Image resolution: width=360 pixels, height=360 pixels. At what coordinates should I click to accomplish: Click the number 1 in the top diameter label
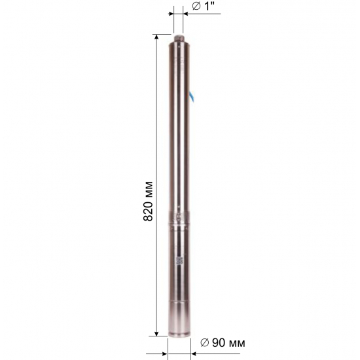207,6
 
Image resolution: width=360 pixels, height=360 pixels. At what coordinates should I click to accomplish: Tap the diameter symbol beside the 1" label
196,7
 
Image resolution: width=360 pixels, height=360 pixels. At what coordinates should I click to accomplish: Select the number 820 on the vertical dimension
148,211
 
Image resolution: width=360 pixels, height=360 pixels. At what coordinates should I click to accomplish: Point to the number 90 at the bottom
219,343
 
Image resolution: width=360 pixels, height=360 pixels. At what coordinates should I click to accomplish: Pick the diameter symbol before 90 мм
205,343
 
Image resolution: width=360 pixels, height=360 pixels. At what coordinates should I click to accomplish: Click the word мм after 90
236,344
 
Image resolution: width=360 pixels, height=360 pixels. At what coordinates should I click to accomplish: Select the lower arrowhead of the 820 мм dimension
156,333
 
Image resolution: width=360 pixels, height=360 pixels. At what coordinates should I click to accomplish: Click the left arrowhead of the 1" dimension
171,14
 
